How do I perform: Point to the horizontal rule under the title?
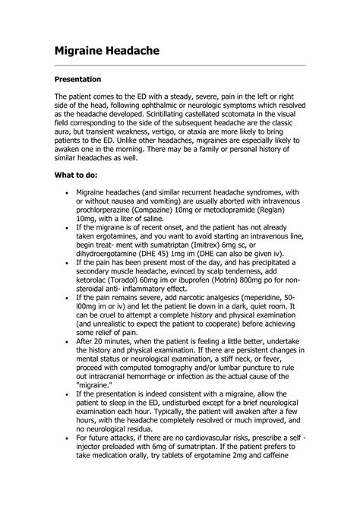(180, 66)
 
